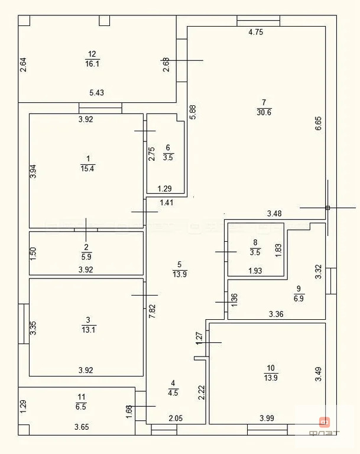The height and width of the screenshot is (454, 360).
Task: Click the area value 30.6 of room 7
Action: [264, 113]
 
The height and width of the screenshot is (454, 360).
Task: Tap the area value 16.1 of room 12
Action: [92, 64]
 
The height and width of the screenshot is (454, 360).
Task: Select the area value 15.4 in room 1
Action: [87, 168]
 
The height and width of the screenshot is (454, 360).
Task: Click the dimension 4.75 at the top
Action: [255, 33]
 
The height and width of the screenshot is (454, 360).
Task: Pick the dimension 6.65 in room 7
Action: [318, 124]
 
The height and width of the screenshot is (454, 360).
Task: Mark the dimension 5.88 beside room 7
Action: [192, 112]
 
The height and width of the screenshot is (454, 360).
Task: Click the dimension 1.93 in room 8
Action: [255, 271]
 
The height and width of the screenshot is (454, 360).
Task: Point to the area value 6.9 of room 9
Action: [299, 298]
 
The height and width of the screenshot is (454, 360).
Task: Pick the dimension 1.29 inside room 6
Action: [165, 189]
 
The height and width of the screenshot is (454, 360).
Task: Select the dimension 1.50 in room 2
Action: [34, 254]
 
